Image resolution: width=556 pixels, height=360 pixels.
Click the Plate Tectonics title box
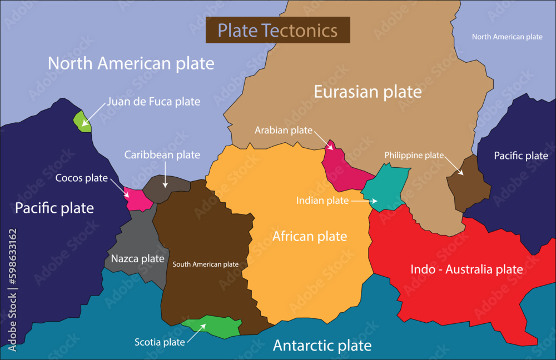pyautogui.click(x=277, y=30)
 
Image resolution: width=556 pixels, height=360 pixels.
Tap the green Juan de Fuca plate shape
pyautogui.click(x=83, y=121)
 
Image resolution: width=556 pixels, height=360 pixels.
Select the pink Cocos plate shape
pyautogui.click(x=138, y=199)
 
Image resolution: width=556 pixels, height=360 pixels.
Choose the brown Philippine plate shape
pyautogui.click(x=469, y=186)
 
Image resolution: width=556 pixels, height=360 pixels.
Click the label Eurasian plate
pyautogui.click(x=368, y=92)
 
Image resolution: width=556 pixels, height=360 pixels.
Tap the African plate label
pyautogui.click(x=309, y=236)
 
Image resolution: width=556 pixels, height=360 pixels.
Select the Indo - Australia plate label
pyautogui.click(x=466, y=269)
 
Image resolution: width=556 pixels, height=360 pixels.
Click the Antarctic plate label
pyautogui.click(x=322, y=346)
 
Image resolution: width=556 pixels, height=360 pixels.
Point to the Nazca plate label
pyautogui.click(x=137, y=258)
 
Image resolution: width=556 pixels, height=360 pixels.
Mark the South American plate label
pyautogui.click(x=206, y=264)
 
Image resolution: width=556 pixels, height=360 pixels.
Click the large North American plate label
pyautogui.click(x=131, y=63)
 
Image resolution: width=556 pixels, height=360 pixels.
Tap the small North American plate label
pyautogui.click(x=507, y=37)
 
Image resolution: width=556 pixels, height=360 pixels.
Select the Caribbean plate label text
pyautogui.click(x=162, y=154)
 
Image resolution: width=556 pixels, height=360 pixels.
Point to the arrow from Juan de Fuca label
pyautogui.click(x=95, y=112)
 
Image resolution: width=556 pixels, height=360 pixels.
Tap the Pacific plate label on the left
pyautogui.click(x=54, y=208)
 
